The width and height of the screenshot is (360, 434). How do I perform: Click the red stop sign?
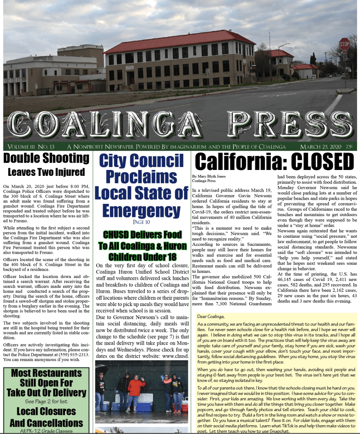pyautogui.click(x=344, y=44)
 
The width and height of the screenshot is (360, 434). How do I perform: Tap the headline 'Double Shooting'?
pyautogui.click(x=46, y=158)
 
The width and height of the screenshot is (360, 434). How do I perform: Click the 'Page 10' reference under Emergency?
pyautogui.click(x=142, y=222)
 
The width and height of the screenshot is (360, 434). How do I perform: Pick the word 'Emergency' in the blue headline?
pyautogui.click(x=142, y=210)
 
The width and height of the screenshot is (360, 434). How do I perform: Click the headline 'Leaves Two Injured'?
pyautogui.click(x=46, y=172)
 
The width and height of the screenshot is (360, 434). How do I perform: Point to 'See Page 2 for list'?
pyautogui.click(x=46, y=401)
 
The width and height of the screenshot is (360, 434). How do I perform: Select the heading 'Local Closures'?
pyautogui.click(x=46, y=411)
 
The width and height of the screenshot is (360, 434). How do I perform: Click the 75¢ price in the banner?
pyautogui.click(x=349, y=147)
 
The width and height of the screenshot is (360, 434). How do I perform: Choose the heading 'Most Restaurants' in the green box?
pyautogui.click(x=46, y=373)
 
